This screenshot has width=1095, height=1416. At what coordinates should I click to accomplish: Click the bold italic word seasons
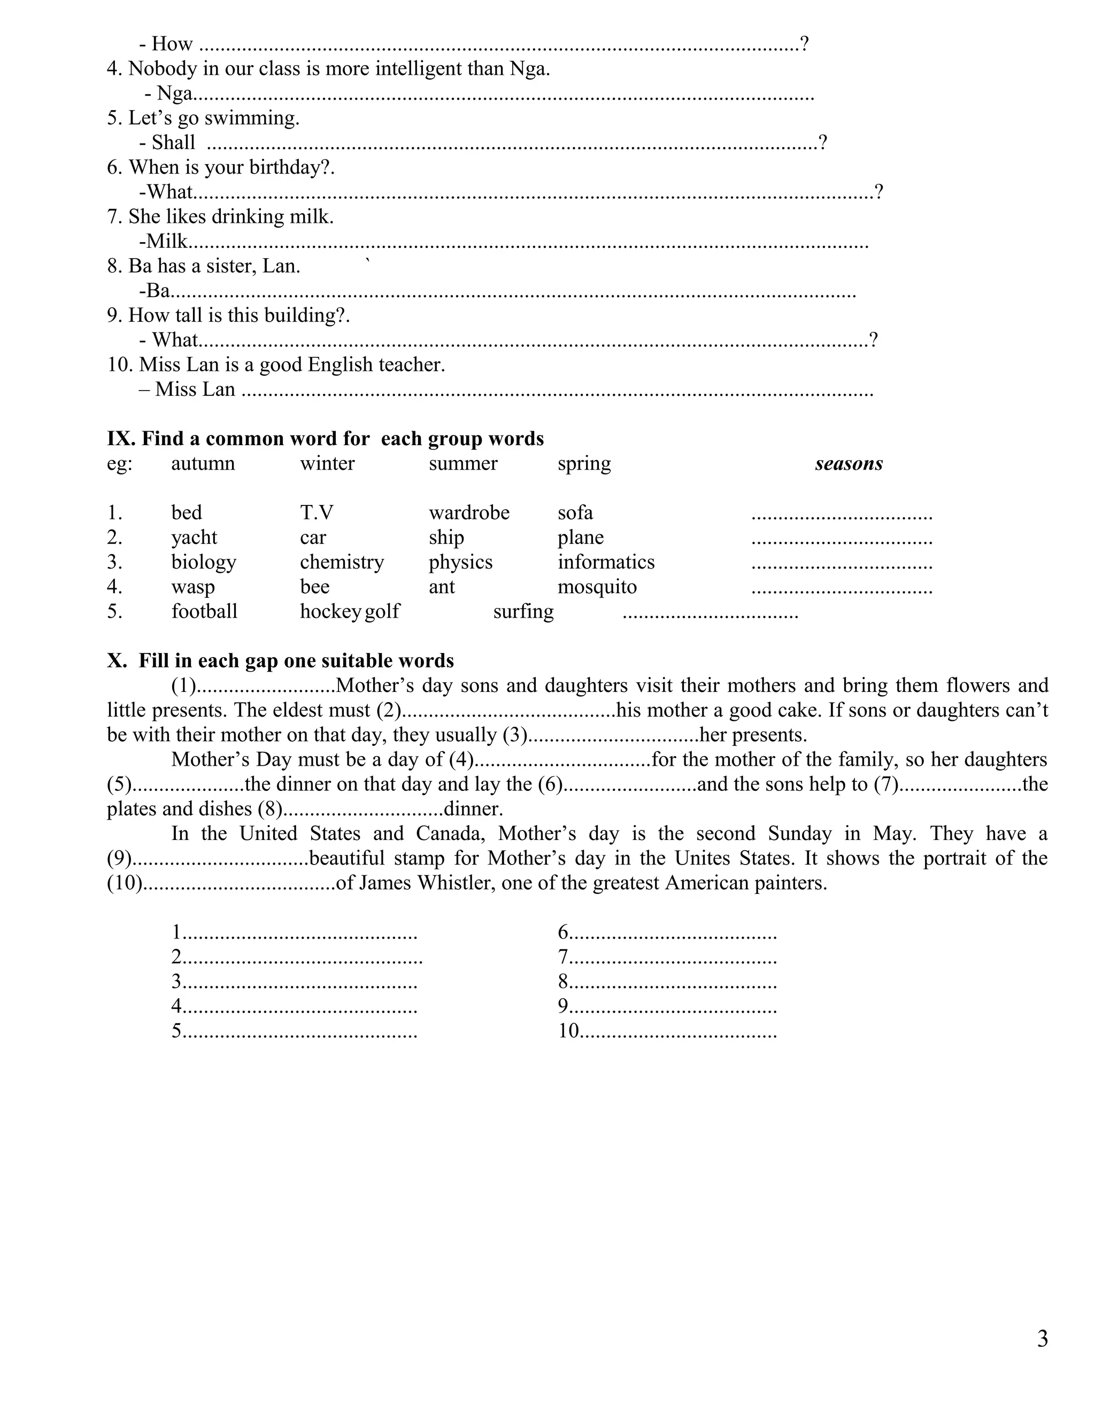tap(849, 464)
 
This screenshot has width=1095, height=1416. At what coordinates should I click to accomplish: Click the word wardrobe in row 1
tap(469, 513)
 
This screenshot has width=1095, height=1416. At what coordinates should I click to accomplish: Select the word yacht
tap(194, 538)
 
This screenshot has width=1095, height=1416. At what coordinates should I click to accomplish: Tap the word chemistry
tap(342, 562)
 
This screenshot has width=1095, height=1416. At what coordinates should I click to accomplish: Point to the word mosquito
tap(597, 587)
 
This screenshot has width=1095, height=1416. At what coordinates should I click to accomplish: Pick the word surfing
tap(523, 611)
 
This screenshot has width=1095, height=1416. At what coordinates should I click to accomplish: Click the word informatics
tap(606, 562)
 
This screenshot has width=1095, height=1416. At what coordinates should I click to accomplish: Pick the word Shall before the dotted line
tap(173, 143)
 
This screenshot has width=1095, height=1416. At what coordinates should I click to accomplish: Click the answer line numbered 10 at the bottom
tap(668, 1031)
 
